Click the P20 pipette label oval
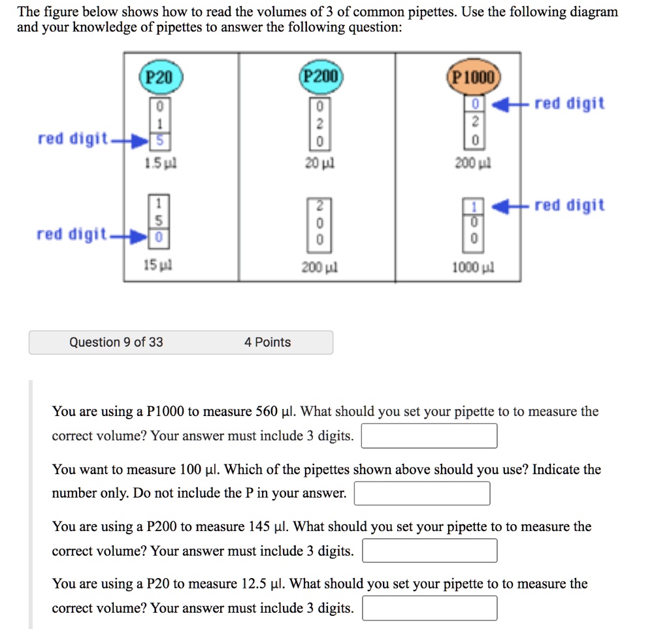click(158, 77)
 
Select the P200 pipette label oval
click(318, 77)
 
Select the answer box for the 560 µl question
click(429, 436)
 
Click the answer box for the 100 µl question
click(422, 493)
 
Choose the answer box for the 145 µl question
click(429, 551)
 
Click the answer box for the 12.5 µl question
click(429, 608)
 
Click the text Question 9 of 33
click(116, 342)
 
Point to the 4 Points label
click(267, 342)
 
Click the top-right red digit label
click(569, 103)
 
